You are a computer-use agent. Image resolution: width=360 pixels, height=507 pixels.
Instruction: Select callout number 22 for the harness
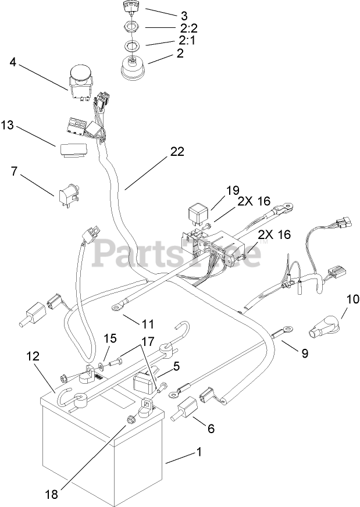(177, 152)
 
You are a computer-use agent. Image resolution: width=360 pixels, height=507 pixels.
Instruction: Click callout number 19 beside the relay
(233, 190)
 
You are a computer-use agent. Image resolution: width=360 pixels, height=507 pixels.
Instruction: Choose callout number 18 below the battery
(52, 495)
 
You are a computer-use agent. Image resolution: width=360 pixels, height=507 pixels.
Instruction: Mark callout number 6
(211, 429)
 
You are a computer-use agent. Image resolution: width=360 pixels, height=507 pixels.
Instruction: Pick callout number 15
(111, 338)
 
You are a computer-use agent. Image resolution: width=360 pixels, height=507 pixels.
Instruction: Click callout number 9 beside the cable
(304, 352)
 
